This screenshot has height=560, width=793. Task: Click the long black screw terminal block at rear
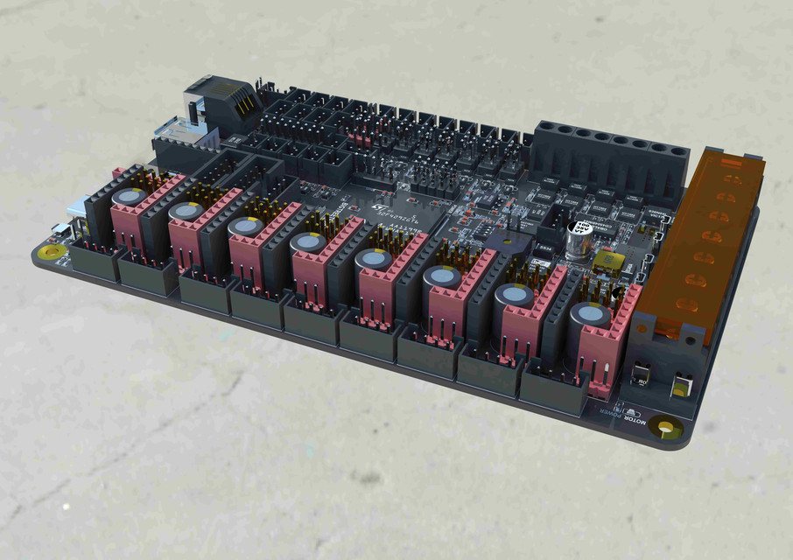point(607,157)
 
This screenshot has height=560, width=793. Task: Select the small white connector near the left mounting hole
point(60,230)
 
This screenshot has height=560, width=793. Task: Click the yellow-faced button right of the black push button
point(682,384)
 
